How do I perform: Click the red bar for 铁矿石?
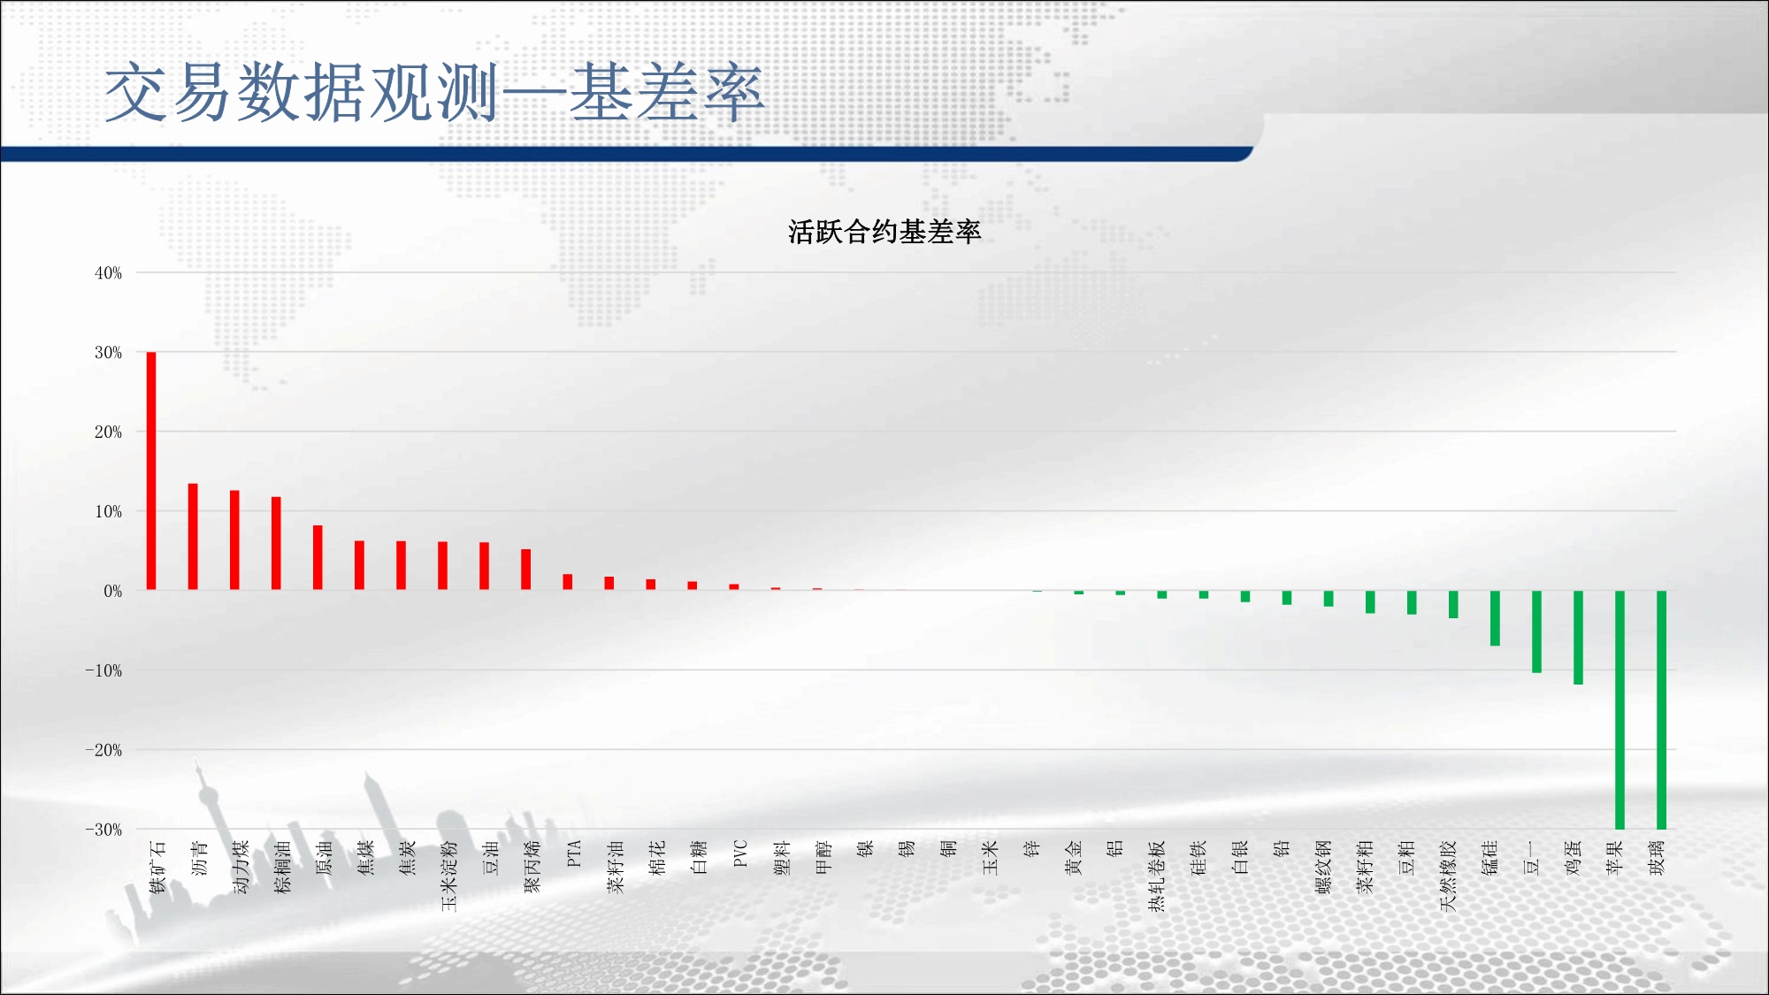[151, 471]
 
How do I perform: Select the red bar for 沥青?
[193, 537]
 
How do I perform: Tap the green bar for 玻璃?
[1661, 710]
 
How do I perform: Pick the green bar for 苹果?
[1620, 710]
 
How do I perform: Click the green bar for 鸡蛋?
[1578, 638]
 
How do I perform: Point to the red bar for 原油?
[318, 558]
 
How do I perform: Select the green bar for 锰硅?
[1495, 618]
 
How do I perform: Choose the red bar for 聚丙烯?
[525, 570]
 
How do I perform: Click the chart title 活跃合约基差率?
[884, 232]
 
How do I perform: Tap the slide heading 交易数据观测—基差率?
[434, 93]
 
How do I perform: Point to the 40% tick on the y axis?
[108, 273]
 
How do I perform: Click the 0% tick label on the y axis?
[112, 591]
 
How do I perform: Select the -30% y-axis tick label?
[103, 830]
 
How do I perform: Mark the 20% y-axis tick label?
[108, 432]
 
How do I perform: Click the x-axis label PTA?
[573, 853]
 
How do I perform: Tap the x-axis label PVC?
[740, 853]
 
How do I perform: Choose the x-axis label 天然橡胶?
[1447, 876]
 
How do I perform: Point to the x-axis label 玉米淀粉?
[448, 876]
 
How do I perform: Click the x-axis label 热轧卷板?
[1156, 876]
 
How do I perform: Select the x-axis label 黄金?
[1073, 858]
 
